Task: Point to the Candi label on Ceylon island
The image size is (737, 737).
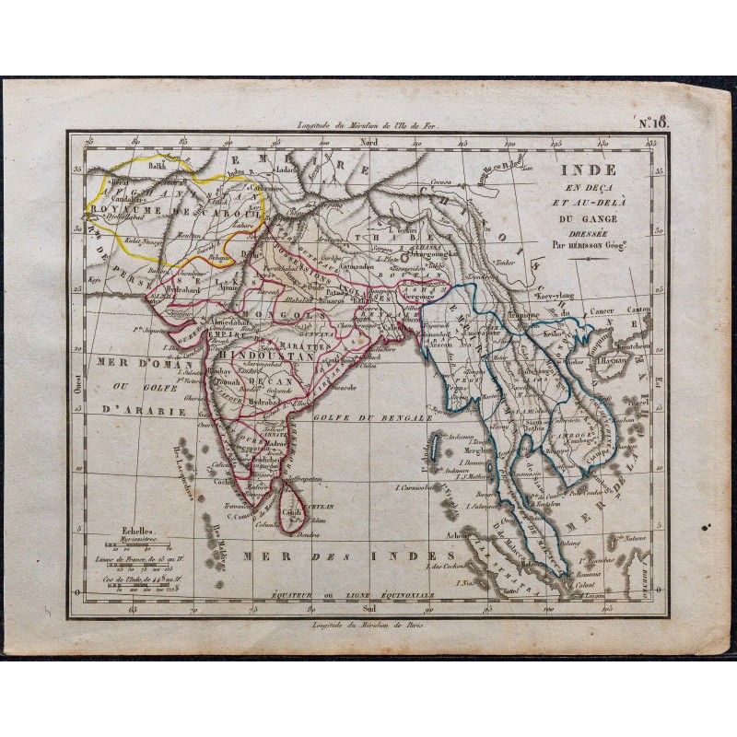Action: tap(291, 511)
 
